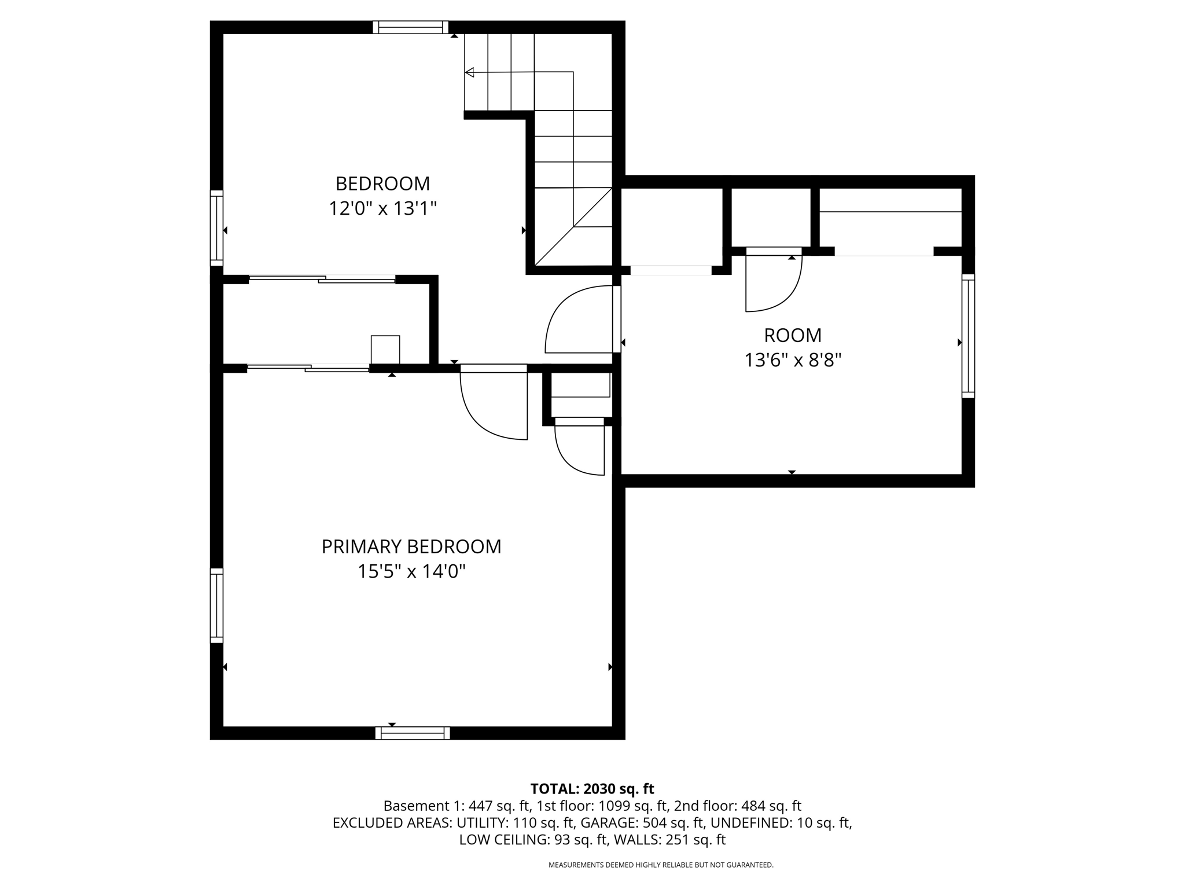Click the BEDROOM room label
(382, 183)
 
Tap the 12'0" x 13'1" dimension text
(382, 208)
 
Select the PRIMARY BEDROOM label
(411, 546)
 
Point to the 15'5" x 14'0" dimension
(411, 571)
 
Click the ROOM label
(793, 335)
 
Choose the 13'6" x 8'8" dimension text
(793, 360)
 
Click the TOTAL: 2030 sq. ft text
(592, 788)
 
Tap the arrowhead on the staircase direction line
(469, 72)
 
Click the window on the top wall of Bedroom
(410, 27)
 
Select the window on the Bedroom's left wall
(216, 228)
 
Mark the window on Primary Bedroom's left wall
(216, 605)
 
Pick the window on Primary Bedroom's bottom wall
(413, 733)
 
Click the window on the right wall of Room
(968, 336)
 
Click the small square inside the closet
(385, 350)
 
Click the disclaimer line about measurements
(661, 865)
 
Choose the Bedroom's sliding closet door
(322, 279)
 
